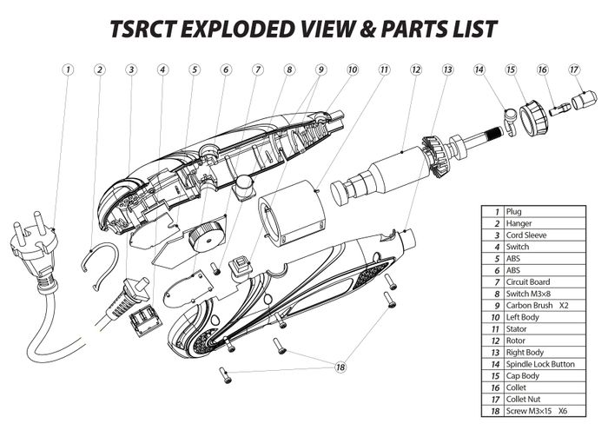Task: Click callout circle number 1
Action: [x=68, y=69]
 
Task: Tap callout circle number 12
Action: [x=416, y=69]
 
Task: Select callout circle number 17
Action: [x=574, y=69]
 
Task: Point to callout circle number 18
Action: [x=340, y=367]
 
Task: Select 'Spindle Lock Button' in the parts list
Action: [x=539, y=365]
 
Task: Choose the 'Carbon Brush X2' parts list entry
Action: [x=538, y=305]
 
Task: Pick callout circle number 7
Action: [x=258, y=69]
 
